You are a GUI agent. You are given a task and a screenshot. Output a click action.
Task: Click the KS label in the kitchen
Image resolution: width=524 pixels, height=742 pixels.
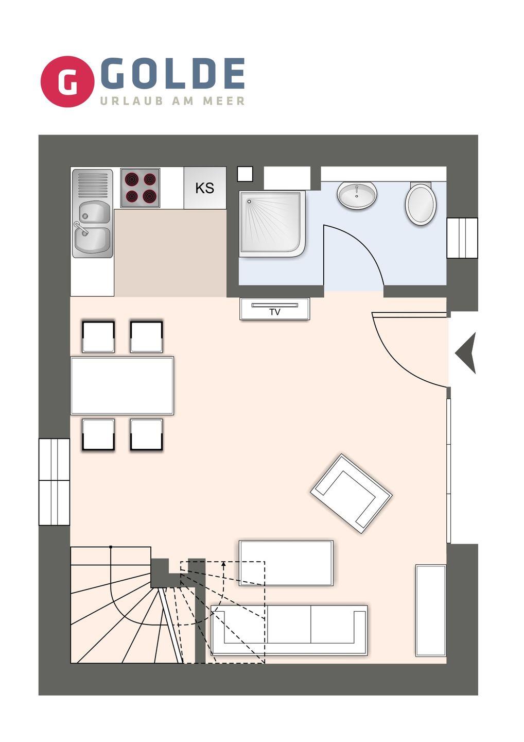pyautogui.click(x=205, y=188)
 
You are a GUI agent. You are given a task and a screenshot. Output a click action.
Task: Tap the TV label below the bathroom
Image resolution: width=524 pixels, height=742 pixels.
pyautogui.click(x=275, y=312)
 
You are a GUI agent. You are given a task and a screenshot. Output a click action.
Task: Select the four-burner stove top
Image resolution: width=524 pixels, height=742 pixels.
pyautogui.click(x=140, y=188)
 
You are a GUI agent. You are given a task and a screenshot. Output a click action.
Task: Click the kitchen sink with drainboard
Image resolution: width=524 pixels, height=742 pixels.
pyautogui.click(x=93, y=214)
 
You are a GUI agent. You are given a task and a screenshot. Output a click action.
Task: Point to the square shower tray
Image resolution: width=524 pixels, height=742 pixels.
pyautogui.click(x=273, y=224)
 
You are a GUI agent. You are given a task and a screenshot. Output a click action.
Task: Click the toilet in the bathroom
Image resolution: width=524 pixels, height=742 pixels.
pyautogui.click(x=421, y=204)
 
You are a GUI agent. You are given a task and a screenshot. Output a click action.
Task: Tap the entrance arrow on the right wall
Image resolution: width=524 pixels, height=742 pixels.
pyautogui.click(x=466, y=353)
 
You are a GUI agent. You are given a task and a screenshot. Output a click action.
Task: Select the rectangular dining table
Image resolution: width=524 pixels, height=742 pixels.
pyautogui.click(x=122, y=385)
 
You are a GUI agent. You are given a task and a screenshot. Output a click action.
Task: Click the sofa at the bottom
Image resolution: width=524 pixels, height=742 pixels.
pyautogui.click(x=289, y=630)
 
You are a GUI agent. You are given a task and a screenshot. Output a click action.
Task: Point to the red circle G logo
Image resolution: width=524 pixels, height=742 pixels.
pyautogui.click(x=67, y=81)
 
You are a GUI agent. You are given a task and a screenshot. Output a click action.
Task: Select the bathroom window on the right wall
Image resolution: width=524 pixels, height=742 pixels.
pyautogui.click(x=462, y=238)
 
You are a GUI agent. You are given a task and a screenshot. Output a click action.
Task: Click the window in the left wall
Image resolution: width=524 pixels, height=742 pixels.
pyautogui.click(x=54, y=482)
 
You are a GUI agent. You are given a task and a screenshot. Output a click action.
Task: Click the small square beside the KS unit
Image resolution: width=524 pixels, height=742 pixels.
pyautogui.click(x=245, y=174)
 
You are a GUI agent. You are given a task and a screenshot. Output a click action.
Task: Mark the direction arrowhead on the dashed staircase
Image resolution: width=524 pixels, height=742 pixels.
pyautogui.click(x=223, y=564)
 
